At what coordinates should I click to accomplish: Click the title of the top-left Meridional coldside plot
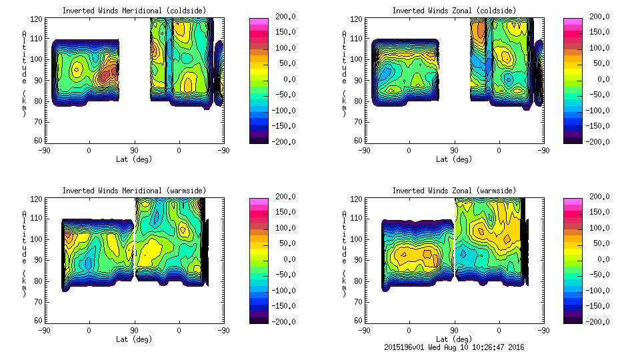pyautogui.click(x=134, y=11)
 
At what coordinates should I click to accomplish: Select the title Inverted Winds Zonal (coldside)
pyautogui.click(x=454, y=11)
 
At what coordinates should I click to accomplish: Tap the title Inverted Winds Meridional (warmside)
pyautogui.click(x=134, y=191)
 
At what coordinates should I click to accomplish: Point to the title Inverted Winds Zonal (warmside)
pyautogui.click(x=454, y=191)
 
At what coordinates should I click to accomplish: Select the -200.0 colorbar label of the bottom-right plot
pyautogui.click(x=597, y=322)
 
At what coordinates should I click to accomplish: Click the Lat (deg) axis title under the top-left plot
pyautogui.click(x=134, y=159)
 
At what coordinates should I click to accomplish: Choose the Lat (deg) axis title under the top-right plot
pyautogui.click(x=454, y=159)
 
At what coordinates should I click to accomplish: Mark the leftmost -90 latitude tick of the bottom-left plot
pyautogui.click(x=45, y=329)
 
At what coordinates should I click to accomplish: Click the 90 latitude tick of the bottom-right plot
pyautogui.click(x=454, y=329)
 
